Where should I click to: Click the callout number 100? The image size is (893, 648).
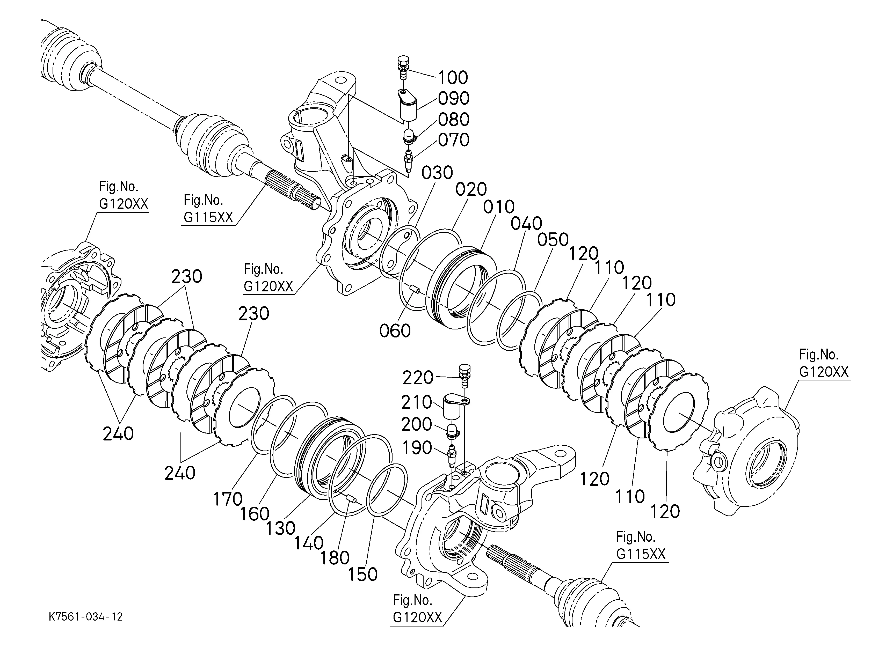453,78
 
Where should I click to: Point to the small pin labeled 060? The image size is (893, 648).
415,290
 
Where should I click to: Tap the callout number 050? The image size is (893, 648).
553,240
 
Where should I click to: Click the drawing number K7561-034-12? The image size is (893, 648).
85,616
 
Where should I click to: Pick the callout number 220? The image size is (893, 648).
418,378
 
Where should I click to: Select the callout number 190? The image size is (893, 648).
417,448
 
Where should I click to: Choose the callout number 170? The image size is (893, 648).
228,499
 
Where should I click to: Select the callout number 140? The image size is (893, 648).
309,543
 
